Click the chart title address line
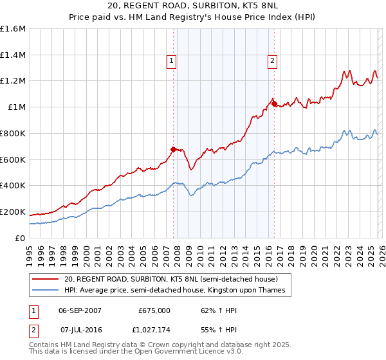pos(193,6)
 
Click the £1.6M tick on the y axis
pos(13,29)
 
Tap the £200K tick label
pos(13,212)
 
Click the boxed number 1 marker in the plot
pos(172,61)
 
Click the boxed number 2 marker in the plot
pos(273,61)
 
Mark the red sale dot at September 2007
pos(173,149)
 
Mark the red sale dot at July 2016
pos(273,103)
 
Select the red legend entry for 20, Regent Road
pos(170,280)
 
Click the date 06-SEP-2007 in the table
pos(80,310)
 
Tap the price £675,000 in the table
pos(154,310)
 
